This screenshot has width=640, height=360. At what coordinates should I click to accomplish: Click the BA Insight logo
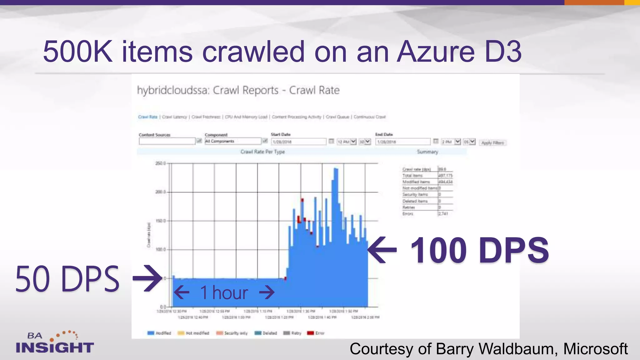coord(55,343)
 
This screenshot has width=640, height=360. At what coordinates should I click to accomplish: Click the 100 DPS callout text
coord(479,250)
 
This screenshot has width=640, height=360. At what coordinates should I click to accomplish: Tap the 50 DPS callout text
coord(67,279)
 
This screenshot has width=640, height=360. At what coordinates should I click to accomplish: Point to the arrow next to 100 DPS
coord(382,250)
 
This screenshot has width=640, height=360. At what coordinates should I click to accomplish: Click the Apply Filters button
coord(492,143)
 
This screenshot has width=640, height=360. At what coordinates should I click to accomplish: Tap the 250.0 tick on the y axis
coord(160,163)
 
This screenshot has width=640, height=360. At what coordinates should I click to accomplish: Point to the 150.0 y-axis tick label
coord(160,221)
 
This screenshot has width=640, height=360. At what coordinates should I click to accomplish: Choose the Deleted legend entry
coord(266,333)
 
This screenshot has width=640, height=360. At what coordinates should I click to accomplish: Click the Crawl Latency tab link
coord(174,117)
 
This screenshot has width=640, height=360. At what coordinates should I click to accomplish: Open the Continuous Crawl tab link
coord(370,117)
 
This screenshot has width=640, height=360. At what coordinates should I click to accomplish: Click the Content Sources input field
coord(167,141)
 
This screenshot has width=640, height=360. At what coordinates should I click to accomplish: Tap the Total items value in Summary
coord(445,176)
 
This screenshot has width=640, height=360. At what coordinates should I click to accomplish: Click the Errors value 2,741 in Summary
coord(443,214)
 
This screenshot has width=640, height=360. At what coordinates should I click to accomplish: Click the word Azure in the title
coord(436,52)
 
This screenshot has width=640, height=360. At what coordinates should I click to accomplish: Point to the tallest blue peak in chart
coord(336,170)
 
